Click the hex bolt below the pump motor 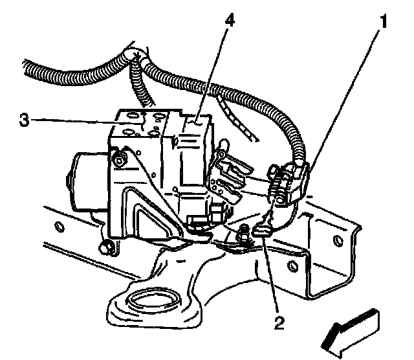pos(105,246)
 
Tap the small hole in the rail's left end pos(59,226)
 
